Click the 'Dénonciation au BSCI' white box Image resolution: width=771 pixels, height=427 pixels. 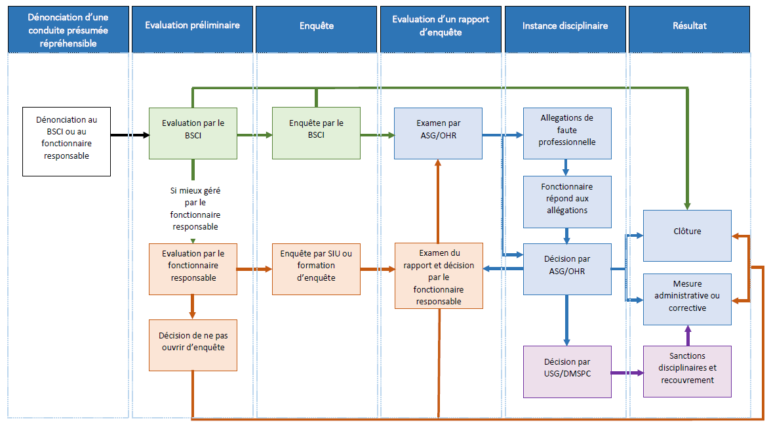(x=66, y=142)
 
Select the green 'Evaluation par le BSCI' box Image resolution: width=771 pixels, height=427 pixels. (x=193, y=133)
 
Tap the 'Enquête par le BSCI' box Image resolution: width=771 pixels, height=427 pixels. (x=316, y=133)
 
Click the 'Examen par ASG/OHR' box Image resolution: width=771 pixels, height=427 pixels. (x=438, y=133)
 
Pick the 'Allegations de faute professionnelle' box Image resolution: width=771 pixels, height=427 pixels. (x=567, y=133)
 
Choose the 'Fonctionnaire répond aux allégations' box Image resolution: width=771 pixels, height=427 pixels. (x=567, y=201)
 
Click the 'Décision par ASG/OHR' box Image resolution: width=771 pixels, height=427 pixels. (x=567, y=269)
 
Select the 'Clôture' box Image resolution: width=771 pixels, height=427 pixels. (x=687, y=235)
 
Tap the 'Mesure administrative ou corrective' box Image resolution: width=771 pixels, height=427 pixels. (x=687, y=299)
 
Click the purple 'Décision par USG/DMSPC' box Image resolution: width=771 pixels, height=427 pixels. (x=567, y=371)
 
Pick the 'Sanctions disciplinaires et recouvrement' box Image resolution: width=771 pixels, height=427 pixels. (x=687, y=371)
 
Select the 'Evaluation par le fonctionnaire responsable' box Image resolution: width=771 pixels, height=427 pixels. (x=193, y=269)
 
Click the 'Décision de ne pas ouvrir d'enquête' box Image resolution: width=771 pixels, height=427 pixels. (x=193, y=344)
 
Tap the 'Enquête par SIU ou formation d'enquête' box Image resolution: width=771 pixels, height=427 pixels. (x=316, y=269)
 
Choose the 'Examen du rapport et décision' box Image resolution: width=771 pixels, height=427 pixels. (x=439, y=275)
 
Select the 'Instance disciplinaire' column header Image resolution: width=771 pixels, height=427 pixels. (x=565, y=26)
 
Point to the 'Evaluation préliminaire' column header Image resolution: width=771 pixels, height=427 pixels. (x=192, y=26)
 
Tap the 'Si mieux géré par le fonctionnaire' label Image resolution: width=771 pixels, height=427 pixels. (x=195, y=208)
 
